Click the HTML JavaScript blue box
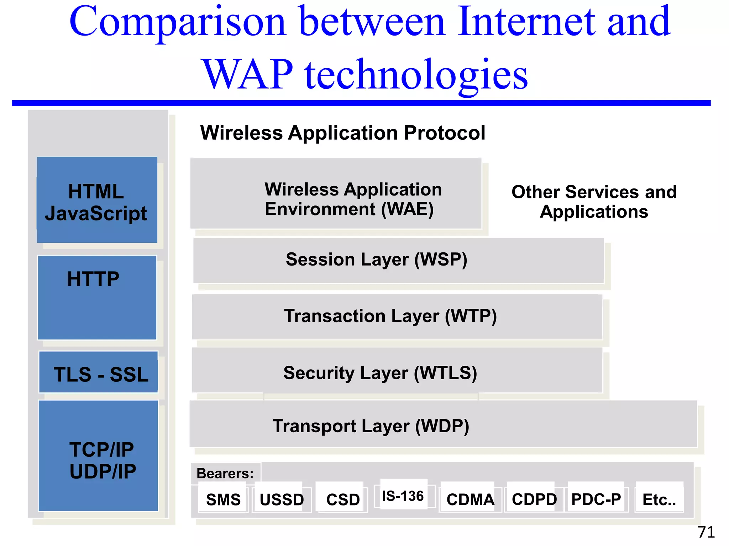tap(97, 200)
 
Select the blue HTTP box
tap(97, 298)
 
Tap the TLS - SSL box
tap(99, 372)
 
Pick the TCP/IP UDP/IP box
tap(98, 456)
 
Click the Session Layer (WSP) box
tap(398, 260)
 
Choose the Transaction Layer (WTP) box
tap(397, 316)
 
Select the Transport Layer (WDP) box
tap(443, 424)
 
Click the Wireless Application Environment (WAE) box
tap(336, 194)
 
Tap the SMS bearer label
tap(223, 499)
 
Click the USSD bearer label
tap(281, 499)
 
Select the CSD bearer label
tap(343, 499)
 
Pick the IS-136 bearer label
tap(403, 496)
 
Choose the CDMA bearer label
tap(470, 499)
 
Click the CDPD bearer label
tap(534, 499)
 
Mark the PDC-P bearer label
tap(596, 499)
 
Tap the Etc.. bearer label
tap(659, 499)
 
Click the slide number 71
tap(706, 532)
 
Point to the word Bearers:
tap(225, 473)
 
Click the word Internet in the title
tap(526, 22)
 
